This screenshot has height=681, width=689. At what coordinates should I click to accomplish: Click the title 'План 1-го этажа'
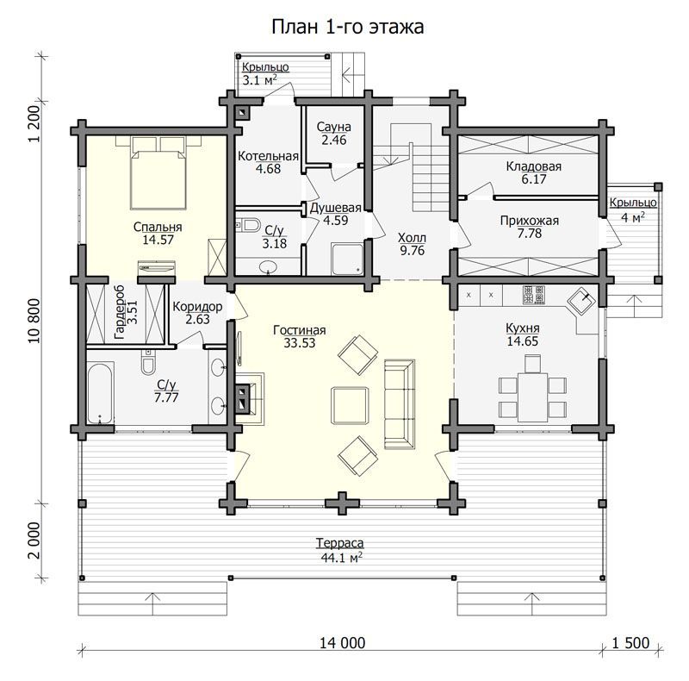point(348,27)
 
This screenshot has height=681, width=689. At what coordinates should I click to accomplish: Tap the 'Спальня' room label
point(158,227)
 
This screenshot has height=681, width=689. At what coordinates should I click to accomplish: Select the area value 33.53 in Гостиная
point(299,343)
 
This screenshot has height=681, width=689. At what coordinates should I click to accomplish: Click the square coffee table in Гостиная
point(350,405)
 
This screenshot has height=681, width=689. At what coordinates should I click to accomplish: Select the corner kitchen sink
point(581,303)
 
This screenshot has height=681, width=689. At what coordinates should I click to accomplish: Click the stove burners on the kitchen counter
point(534,294)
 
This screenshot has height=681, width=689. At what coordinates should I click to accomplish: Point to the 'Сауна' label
point(334,127)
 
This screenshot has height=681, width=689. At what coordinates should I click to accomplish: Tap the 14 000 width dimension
point(342,643)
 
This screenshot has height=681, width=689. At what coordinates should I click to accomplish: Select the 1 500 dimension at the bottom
point(631,643)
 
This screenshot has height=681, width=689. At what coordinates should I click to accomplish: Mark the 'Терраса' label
point(339,543)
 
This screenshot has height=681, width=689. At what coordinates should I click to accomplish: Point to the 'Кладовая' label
point(534,166)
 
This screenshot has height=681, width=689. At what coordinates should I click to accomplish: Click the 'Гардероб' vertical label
point(119,312)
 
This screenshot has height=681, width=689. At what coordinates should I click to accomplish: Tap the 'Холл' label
point(412,238)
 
